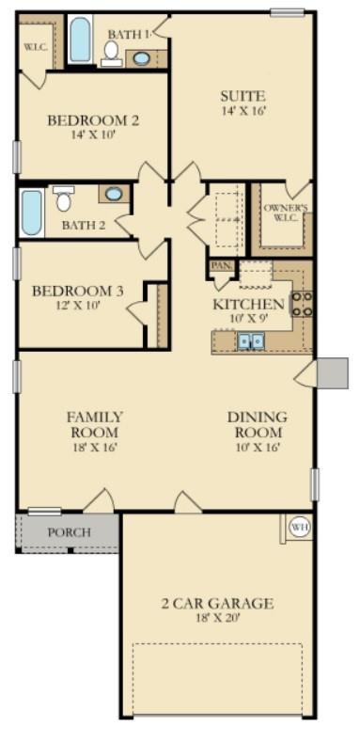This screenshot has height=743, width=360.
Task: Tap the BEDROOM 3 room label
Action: tap(77, 291)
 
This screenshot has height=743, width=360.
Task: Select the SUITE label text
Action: tap(243, 95)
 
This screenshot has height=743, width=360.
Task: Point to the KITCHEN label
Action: tap(248, 304)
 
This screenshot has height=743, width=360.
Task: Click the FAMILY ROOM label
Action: tap(94, 424)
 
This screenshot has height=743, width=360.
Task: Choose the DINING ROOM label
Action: tap(257, 424)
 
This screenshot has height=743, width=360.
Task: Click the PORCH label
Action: tap(70, 532)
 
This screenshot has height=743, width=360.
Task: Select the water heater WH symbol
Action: tap(299, 527)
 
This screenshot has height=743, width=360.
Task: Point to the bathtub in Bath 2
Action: tap(31, 213)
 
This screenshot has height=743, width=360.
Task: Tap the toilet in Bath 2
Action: tap(64, 199)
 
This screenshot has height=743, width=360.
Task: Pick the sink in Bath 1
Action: tap(141, 57)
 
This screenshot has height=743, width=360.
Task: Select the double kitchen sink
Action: tap(250, 341)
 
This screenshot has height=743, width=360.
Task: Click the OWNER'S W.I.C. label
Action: tap(285, 213)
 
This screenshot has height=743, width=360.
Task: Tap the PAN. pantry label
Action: tap(221, 266)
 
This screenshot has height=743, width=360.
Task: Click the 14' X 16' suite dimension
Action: tap(243, 111)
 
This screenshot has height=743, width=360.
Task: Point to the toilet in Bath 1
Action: tap(111, 52)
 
